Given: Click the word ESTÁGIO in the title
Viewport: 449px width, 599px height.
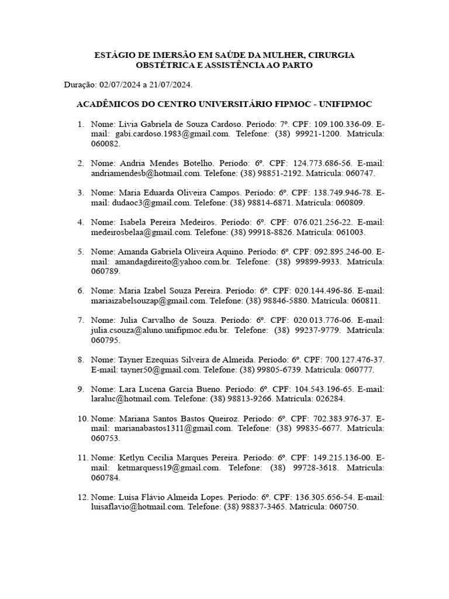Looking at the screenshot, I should click(x=113, y=55).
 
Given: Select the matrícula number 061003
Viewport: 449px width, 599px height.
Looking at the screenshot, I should click(x=350, y=232).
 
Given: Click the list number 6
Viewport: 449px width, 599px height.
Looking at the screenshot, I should click(x=81, y=291).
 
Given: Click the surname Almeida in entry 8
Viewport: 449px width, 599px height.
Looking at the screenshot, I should click(x=250, y=360).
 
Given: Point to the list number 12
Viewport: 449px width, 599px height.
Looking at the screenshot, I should click(x=81, y=497).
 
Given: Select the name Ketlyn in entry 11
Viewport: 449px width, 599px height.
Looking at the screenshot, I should click(x=132, y=458).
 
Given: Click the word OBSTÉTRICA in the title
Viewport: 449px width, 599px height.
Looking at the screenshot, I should click(x=165, y=66).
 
